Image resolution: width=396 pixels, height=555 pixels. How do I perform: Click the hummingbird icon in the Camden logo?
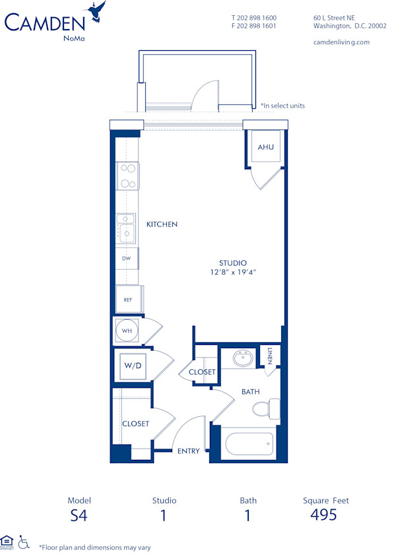[x=98, y=11]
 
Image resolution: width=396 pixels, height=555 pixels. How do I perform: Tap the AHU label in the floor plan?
[x=265, y=147]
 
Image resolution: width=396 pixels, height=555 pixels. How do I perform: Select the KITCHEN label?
[x=162, y=225]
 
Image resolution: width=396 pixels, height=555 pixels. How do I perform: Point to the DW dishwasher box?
[x=127, y=258]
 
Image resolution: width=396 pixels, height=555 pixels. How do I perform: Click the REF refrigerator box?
[x=129, y=299]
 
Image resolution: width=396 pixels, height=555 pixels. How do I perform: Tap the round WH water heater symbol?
[x=127, y=330]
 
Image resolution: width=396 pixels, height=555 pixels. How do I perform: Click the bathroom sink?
[x=242, y=359]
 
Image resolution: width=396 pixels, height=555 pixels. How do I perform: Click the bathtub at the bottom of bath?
[x=249, y=443]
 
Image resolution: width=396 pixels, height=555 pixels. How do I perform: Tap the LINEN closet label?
[x=271, y=356]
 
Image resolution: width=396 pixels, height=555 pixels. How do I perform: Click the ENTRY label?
[x=188, y=451]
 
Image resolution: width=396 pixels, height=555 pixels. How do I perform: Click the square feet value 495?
[x=324, y=515]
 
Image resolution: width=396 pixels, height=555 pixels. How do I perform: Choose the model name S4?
[x=79, y=515]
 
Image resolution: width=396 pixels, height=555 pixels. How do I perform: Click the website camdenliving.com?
[x=341, y=42]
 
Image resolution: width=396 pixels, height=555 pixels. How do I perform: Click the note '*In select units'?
[x=282, y=106]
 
